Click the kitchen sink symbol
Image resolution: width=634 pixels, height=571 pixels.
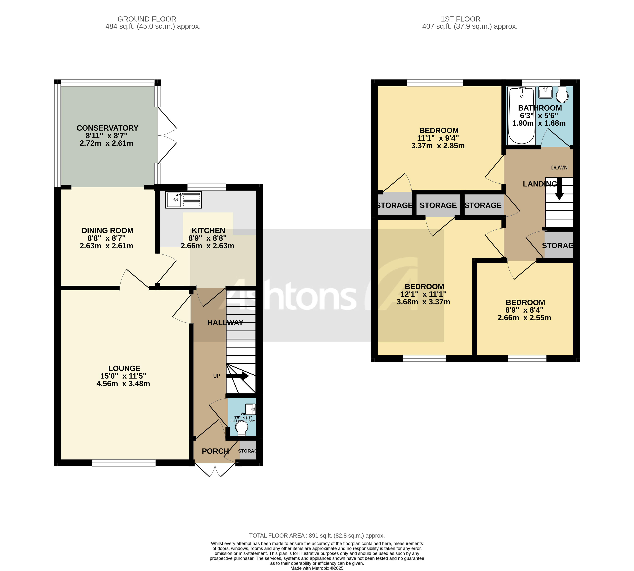[x=183, y=199]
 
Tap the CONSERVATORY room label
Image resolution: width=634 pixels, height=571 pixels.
[x=107, y=128]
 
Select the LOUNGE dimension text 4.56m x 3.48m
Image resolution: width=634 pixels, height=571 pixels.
[x=123, y=384]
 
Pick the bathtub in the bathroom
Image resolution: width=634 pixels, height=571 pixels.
[x=521, y=116]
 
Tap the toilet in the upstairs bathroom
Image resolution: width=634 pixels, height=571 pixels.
[x=562, y=95]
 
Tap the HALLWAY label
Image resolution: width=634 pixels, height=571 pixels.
[x=225, y=323]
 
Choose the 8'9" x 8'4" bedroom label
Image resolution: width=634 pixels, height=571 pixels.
[x=525, y=302]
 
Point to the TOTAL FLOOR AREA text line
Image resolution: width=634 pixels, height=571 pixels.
[x=317, y=536]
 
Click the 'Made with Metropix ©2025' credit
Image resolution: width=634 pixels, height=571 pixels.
[x=317, y=568]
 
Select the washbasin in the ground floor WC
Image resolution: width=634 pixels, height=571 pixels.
[x=250, y=409]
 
